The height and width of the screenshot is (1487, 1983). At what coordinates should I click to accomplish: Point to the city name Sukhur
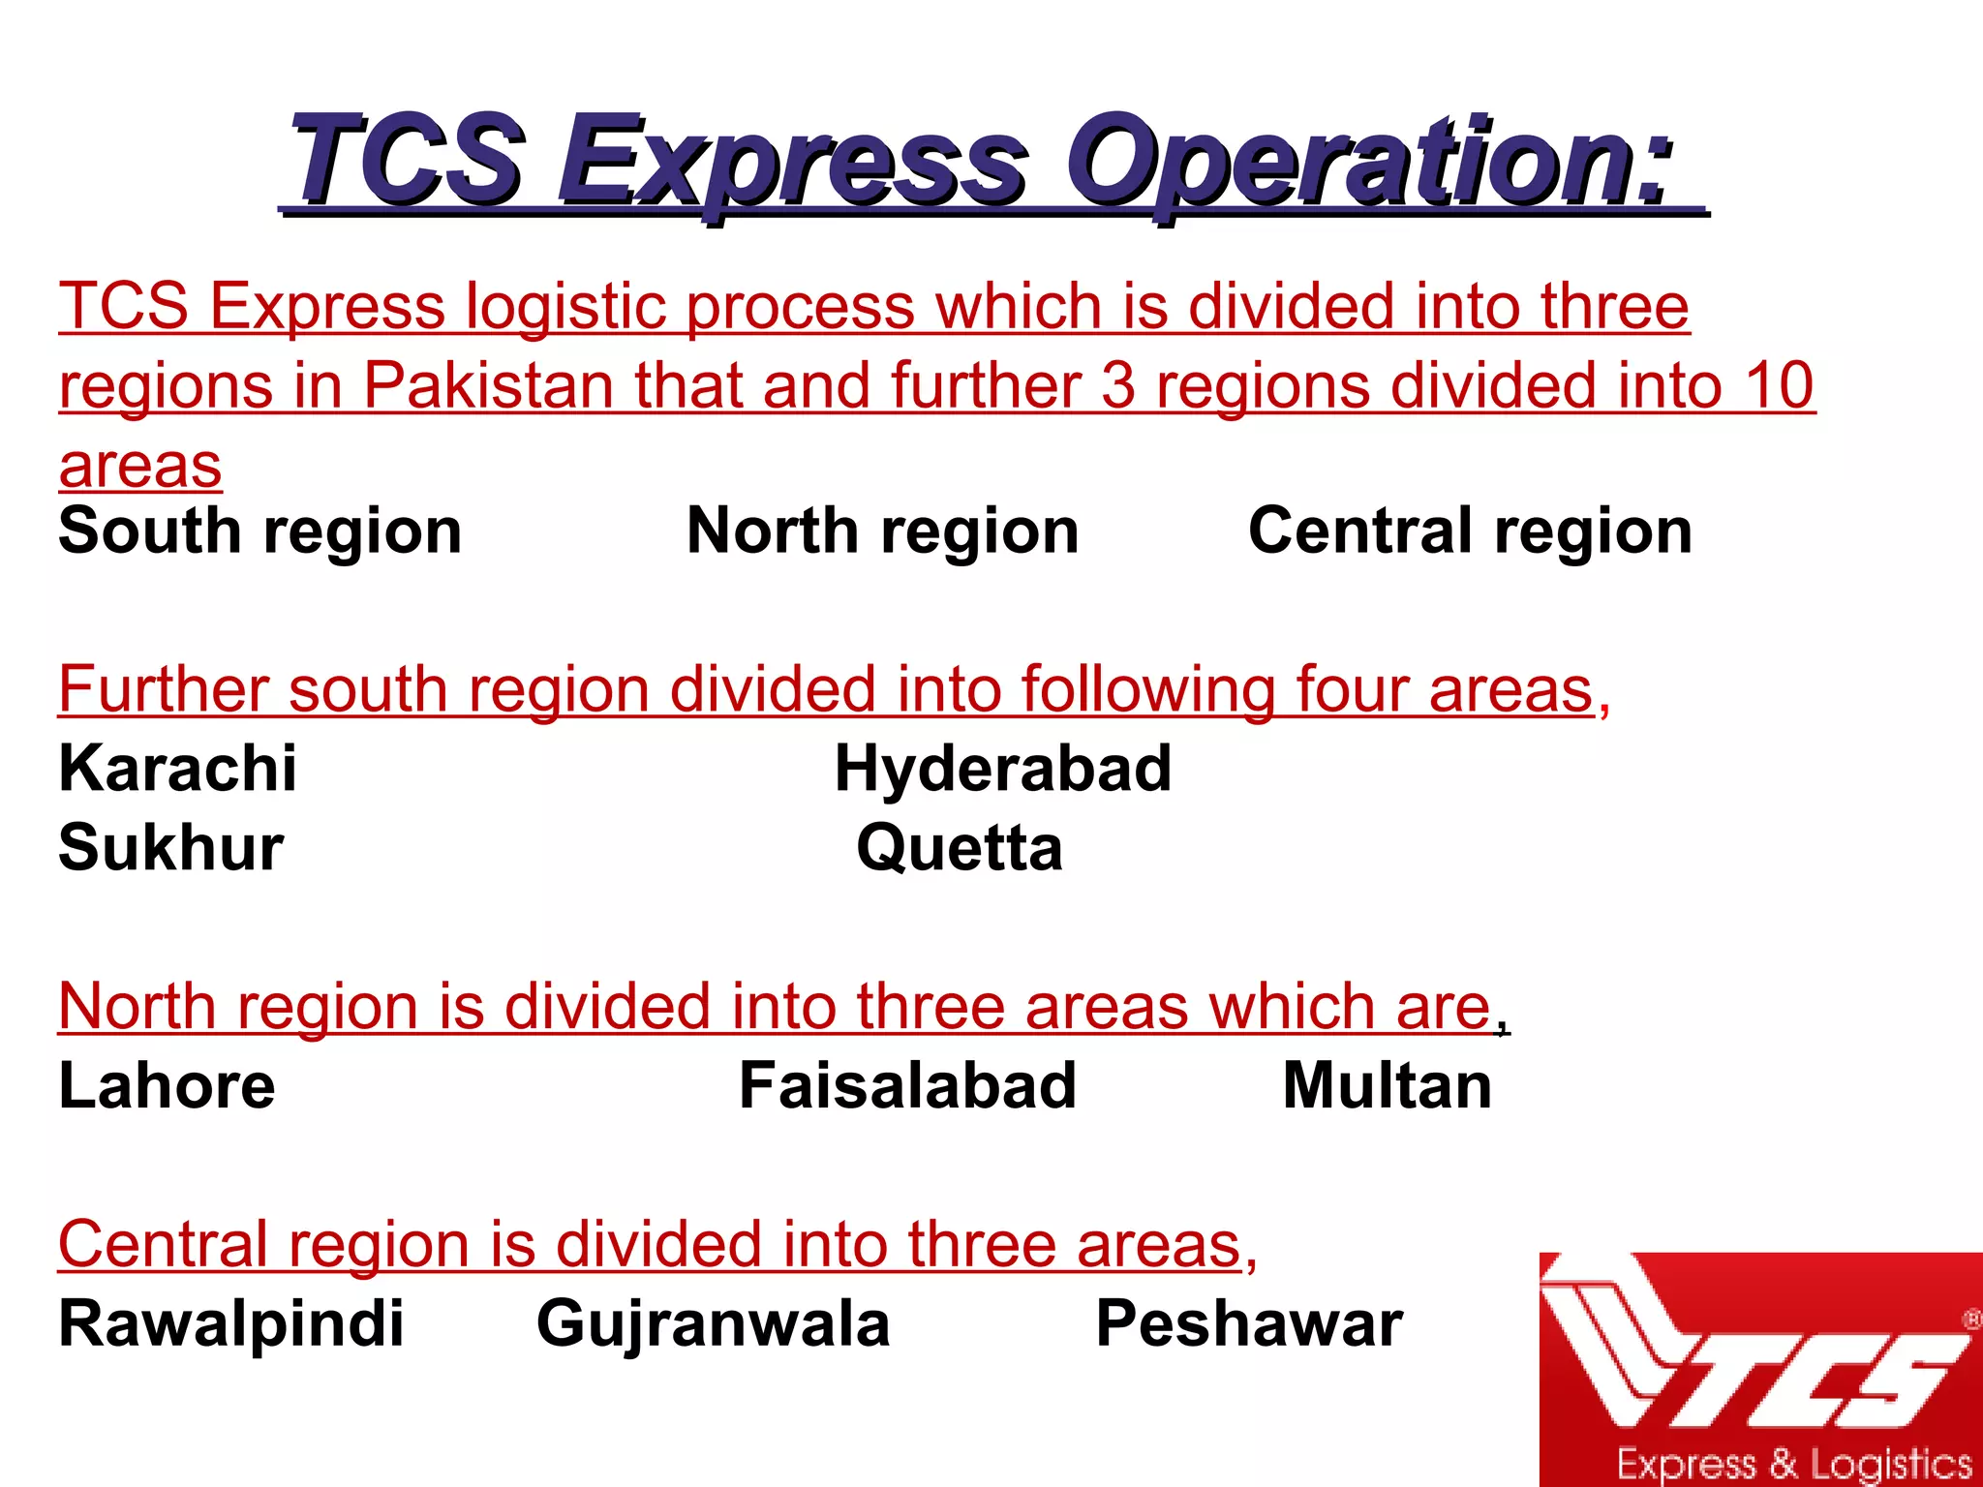[171, 847]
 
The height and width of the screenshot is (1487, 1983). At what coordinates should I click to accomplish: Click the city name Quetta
[960, 847]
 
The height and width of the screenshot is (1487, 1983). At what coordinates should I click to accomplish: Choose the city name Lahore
[167, 1085]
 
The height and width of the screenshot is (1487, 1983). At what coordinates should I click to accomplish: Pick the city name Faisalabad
[907, 1085]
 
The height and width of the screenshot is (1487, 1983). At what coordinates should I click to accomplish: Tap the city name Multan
[1387, 1085]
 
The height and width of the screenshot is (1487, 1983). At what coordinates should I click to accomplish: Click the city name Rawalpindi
[230, 1323]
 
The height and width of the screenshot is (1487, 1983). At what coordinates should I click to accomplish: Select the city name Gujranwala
[713, 1323]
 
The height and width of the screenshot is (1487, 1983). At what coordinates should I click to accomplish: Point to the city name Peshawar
[1249, 1323]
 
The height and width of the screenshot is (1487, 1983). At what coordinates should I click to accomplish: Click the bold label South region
[259, 531]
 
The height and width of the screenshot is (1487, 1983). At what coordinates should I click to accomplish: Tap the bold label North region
[882, 531]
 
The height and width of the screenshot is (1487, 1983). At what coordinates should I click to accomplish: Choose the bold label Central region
[1470, 531]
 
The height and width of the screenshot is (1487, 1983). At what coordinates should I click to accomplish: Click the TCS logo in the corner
[1760, 1369]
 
